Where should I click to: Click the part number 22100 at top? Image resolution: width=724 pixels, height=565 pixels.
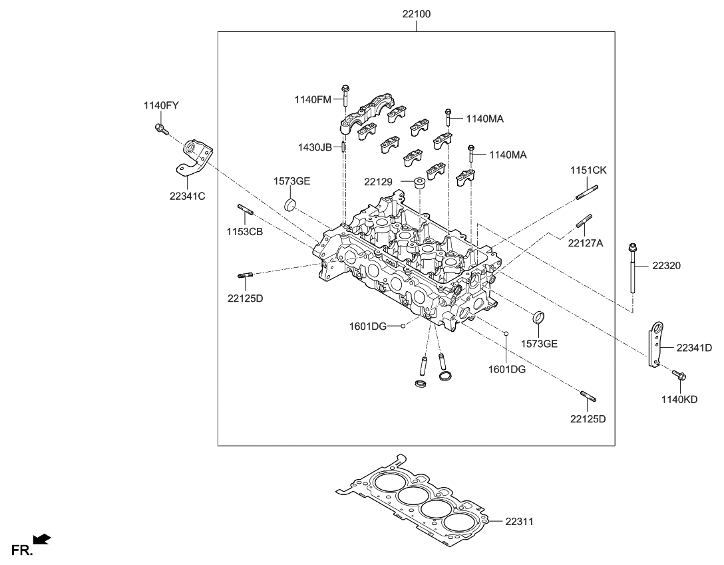416,13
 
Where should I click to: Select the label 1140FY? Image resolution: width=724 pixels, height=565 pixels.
161,105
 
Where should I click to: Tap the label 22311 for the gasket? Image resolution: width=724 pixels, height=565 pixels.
519,522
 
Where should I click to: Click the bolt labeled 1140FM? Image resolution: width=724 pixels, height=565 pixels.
345,97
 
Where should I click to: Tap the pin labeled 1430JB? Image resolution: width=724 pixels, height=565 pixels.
343,147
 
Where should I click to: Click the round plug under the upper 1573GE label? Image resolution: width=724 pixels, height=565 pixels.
291,204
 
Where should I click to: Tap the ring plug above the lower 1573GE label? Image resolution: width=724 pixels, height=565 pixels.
540,316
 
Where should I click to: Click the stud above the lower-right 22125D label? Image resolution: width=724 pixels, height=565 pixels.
588,397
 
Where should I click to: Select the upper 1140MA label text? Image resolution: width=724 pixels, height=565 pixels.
484,119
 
